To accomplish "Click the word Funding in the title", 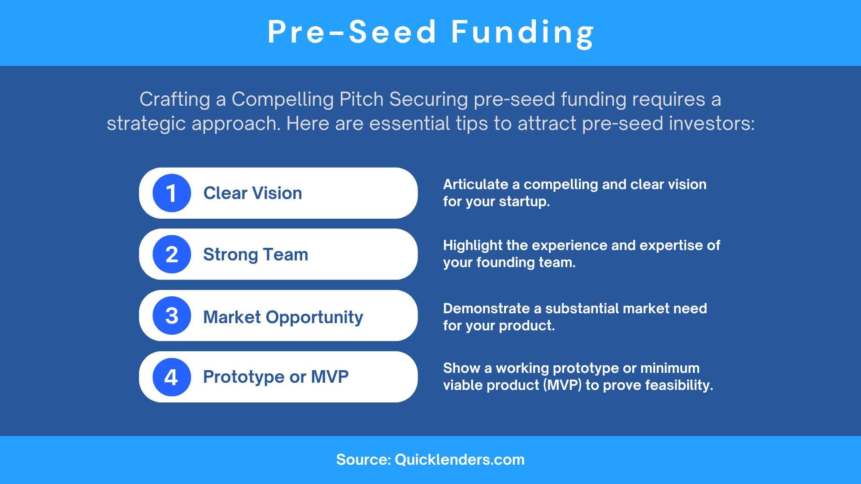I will pyautogui.click(x=522, y=32).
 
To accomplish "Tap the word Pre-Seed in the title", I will pyautogui.click(x=352, y=32).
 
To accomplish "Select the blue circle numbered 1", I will pyautogui.click(x=171, y=193).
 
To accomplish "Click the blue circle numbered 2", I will pyautogui.click(x=171, y=254).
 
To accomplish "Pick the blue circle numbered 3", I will pyautogui.click(x=171, y=315).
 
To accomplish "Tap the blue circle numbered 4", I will pyautogui.click(x=171, y=377).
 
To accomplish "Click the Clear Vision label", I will pyautogui.click(x=252, y=193).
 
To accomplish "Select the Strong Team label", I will pyautogui.click(x=256, y=255).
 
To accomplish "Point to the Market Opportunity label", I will pyautogui.click(x=283, y=317).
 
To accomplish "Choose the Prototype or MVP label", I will pyautogui.click(x=275, y=377).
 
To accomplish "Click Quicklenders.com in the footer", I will pyautogui.click(x=460, y=460).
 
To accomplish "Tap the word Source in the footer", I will pyautogui.click(x=363, y=460).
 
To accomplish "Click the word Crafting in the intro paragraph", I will pyautogui.click(x=174, y=99).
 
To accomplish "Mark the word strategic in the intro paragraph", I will pyautogui.click(x=146, y=124).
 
